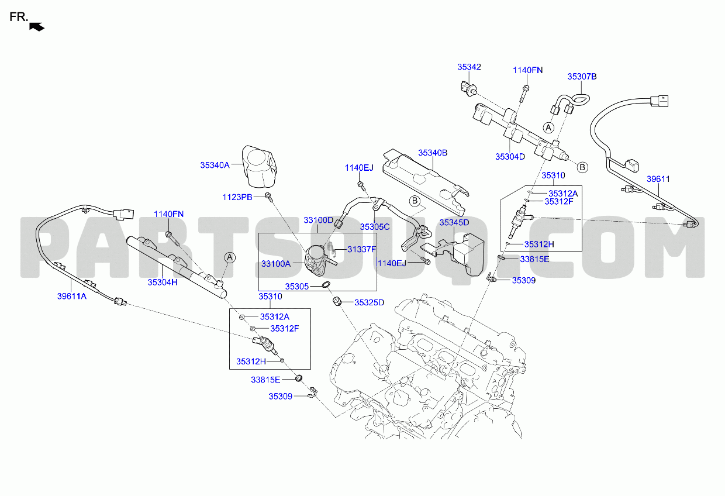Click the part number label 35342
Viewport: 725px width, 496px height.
point(469,67)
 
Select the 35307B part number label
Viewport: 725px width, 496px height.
point(582,77)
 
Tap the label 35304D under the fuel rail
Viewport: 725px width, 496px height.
point(510,156)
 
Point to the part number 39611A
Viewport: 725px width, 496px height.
point(71,296)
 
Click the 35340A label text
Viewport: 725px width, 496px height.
point(215,166)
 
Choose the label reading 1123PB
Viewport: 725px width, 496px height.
point(237,197)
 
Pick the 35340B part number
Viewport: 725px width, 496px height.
point(433,153)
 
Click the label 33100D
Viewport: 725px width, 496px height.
point(318,221)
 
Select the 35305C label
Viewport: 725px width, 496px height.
point(375,226)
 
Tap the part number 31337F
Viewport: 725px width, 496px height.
point(361,249)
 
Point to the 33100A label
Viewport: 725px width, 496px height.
point(275,264)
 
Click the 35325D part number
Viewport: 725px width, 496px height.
point(369,302)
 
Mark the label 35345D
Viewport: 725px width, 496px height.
point(454,223)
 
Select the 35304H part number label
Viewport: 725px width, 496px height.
point(162,282)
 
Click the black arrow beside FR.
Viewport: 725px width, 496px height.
point(37,26)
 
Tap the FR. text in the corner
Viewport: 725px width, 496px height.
point(18,17)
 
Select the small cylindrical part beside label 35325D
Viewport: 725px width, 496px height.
point(337,302)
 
